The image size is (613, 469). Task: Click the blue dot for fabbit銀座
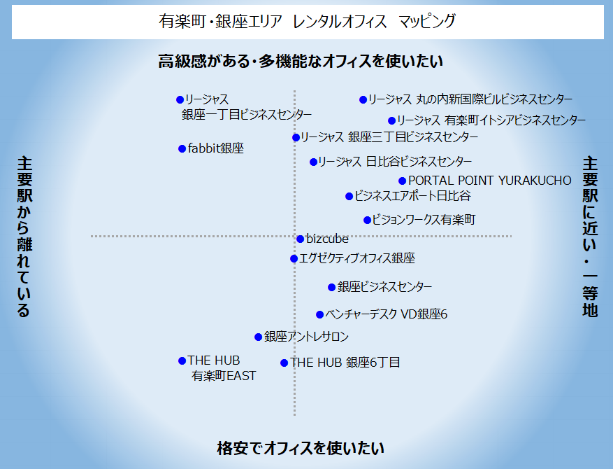coord(182,149)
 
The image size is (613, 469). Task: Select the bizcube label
coord(327,239)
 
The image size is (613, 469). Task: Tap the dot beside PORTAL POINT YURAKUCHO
coord(403,181)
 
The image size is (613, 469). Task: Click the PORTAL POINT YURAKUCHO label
coord(490,181)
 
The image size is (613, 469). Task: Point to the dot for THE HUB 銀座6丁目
coord(284,363)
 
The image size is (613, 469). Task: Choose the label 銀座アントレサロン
coord(306,337)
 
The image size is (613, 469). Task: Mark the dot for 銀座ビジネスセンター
coord(331,288)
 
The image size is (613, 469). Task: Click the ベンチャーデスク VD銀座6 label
coord(387,314)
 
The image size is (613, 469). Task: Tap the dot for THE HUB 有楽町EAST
coord(182,361)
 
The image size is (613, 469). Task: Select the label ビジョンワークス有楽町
coord(424,220)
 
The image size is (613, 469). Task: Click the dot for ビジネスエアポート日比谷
coord(349,196)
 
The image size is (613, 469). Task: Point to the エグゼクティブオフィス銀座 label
coord(357,258)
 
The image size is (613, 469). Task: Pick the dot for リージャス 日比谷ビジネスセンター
coord(313,162)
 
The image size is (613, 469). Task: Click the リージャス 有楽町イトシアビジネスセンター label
coord(491,120)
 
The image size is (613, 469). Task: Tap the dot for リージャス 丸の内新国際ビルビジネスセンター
coord(363,100)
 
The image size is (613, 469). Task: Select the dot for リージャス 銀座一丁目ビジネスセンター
coord(180,100)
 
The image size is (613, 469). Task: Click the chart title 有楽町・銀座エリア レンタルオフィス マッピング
coord(308,22)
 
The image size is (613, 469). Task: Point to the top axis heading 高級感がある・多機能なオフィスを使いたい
coord(301,62)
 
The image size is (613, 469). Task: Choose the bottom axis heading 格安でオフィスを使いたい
coord(301,448)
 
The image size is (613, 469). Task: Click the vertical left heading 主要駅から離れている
coord(24,237)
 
